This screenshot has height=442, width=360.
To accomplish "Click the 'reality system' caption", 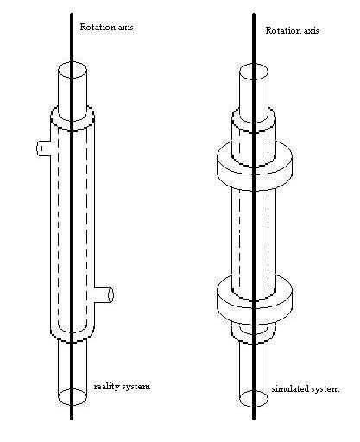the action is pyautogui.click(x=122, y=387).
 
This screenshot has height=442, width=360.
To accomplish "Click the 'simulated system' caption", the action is pyautogui.click(x=306, y=389).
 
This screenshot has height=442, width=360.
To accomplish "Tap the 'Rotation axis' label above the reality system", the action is pyautogui.click(x=106, y=28).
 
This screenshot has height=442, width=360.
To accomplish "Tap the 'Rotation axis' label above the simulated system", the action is pyautogui.click(x=292, y=30).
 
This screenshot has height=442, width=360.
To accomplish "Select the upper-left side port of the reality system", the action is pyautogui.click(x=44, y=148).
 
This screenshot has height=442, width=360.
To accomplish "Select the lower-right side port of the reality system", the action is pyautogui.click(x=104, y=295).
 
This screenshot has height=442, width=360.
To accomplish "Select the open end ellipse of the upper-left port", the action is pyautogui.click(x=39, y=148).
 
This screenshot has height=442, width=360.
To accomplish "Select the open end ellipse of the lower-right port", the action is pyautogui.click(x=111, y=295).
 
